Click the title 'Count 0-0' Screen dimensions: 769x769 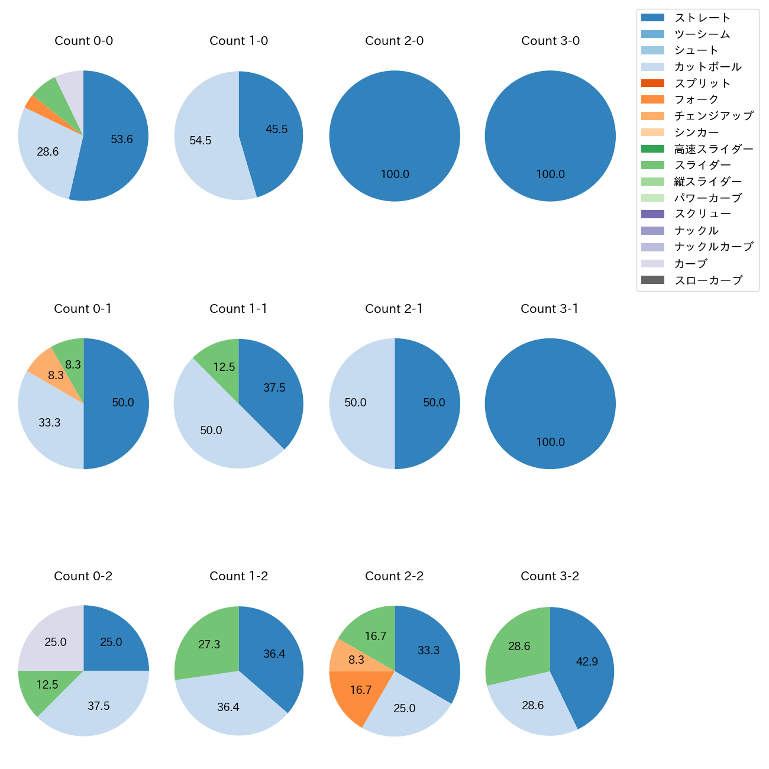tap(83, 41)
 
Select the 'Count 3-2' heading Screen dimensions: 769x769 tap(550, 576)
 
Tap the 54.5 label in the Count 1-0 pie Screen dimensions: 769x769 tap(201, 141)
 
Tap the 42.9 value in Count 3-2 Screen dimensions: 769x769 tap(587, 662)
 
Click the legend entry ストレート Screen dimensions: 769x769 tap(702, 18)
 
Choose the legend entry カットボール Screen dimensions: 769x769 tap(707, 67)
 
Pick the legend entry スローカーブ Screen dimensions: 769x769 tap(708, 280)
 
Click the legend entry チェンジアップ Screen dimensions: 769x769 tap(713, 116)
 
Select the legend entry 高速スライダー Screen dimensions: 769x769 tap(713, 149)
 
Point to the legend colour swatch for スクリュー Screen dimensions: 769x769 tap(652, 214)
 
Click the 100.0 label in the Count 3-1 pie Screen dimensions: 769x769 tap(550, 442)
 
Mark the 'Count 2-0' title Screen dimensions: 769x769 tap(394, 41)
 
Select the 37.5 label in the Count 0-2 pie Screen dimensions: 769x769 tap(99, 706)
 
